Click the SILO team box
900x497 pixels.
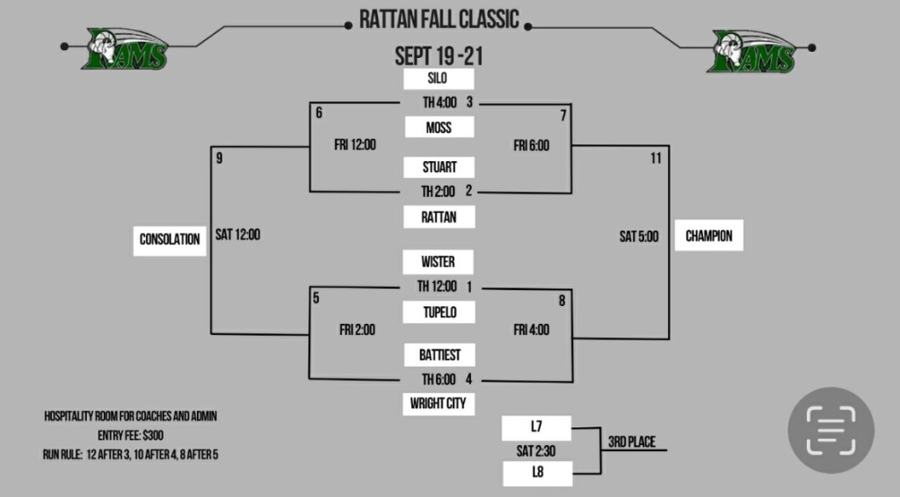point(439,79)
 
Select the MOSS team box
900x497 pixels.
point(439,128)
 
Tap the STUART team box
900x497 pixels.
point(439,167)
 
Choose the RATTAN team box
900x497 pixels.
point(439,216)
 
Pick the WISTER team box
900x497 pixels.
point(439,262)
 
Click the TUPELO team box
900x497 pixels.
point(439,311)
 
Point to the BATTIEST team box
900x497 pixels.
point(439,354)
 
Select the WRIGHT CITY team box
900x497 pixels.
point(439,405)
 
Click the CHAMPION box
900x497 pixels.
point(708,237)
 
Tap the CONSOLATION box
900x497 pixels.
point(170,238)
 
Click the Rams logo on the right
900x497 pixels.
point(753,51)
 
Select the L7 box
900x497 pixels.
point(536,428)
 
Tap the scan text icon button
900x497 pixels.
point(831,431)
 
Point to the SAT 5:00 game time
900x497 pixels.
point(638,237)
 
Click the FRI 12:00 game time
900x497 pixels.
point(355,145)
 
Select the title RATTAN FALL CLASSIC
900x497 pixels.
point(439,19)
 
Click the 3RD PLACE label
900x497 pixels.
point(631,442)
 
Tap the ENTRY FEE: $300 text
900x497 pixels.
point(130,435)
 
